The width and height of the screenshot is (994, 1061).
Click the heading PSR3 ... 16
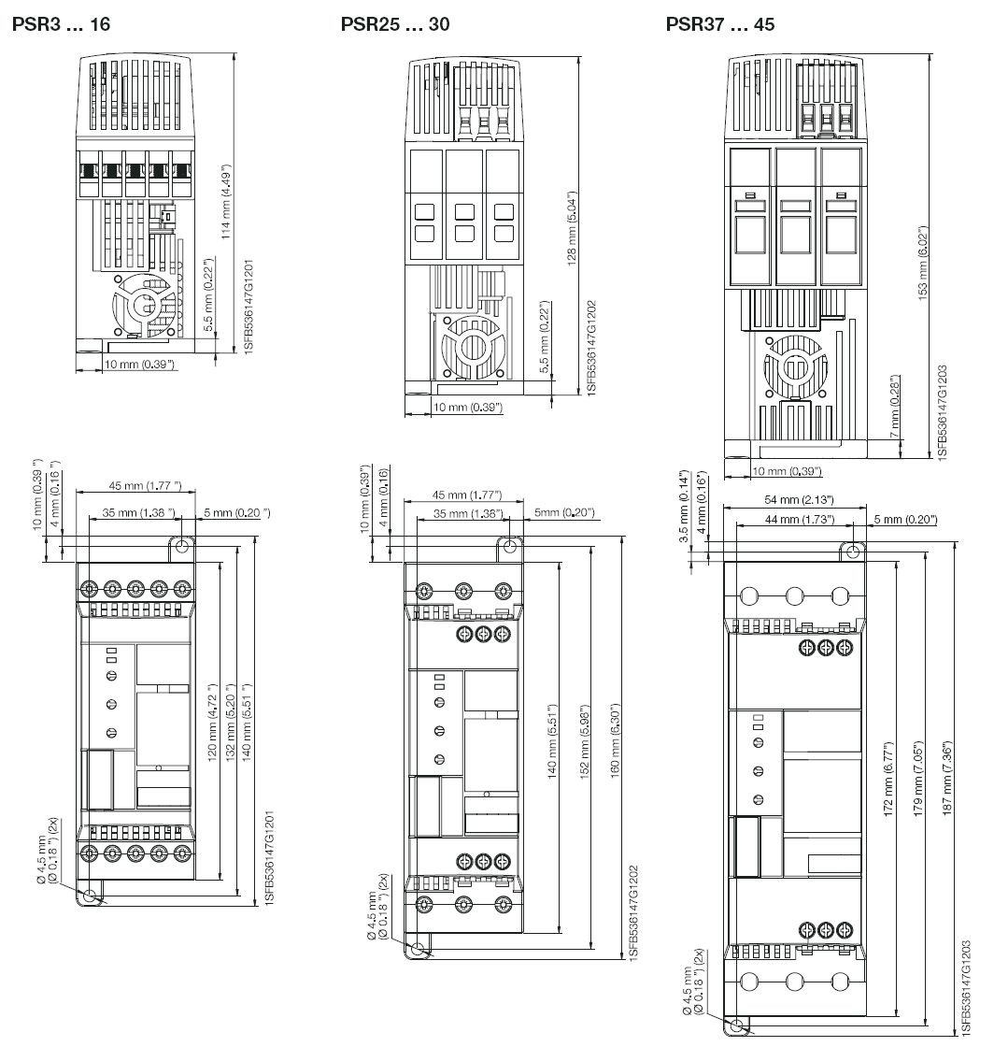coord(61,24)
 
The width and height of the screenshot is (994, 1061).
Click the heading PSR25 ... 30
coord(395,24)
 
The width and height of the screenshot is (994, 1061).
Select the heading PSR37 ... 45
coord(720,24)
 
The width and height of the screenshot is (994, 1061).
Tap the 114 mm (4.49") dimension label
coord(226,201)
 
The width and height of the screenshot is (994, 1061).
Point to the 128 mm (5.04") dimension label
coord(572,228)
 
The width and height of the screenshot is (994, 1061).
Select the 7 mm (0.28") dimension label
coord(895,406)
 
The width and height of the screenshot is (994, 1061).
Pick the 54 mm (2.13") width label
coord(799,499)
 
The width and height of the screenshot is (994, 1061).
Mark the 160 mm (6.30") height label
coord(616,740)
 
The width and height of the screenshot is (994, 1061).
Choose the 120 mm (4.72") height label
coord(212,723)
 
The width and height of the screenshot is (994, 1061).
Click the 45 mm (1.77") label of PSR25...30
coord(466,495)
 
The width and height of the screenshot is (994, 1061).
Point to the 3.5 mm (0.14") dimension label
coord(684,506)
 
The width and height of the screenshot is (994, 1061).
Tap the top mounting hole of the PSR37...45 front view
coord(853,552)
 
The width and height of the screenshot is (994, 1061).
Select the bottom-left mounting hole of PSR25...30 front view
coord(418,949)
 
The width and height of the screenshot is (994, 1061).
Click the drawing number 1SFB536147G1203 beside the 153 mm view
coord(943,413)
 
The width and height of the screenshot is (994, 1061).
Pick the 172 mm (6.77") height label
coord(888,778)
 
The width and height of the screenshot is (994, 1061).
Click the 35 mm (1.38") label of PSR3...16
coord(138,512)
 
